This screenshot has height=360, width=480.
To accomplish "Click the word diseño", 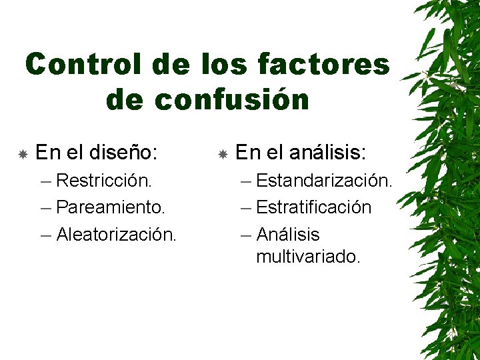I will click(x=124, y=153).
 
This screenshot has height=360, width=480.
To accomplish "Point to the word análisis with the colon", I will click(x=328, y=153).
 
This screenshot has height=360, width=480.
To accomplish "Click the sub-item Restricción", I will click(x=104, y=180).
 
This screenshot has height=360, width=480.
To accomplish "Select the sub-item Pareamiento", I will click(x=111, y=207).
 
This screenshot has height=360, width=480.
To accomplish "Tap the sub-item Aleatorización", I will click(x=117, y=235).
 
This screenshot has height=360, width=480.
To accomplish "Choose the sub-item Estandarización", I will click(x=324, y=180).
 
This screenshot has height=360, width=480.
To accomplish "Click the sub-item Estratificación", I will click(x=313, y=207).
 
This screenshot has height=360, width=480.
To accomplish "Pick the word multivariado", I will click(x=308, y=257).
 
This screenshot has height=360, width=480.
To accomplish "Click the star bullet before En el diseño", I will click(x=22, y=154).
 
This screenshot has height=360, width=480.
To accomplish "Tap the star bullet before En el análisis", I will click(x=223, y=154).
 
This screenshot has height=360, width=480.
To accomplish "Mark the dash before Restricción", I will click(x=45, y=181).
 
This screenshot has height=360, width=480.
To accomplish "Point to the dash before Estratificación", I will click(x=245, y=208).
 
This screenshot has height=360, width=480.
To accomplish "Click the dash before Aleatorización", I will click(x=45, y=235).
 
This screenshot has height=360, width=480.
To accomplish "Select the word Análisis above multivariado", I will click(x=288, y=235).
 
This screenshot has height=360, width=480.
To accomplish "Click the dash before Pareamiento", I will click(x=45, y=208).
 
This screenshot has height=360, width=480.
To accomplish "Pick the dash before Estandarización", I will click(x=245, y=181).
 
